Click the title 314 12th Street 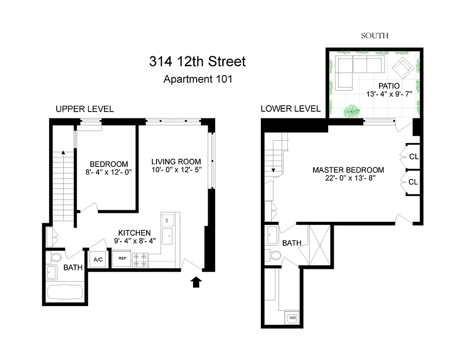[197, 61]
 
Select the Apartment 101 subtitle [197, 80]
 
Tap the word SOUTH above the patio [374, 36]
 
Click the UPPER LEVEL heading [85, 109]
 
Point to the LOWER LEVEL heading [291, 108]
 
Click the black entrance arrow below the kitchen [196, 282]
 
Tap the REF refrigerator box [122, 259]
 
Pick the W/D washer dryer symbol [292, 317]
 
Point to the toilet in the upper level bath [56, 258]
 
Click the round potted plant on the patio [351, 111]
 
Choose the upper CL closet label [413, 157]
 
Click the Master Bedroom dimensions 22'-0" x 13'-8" [348, 178]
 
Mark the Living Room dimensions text [176, 170]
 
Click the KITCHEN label [134, 233]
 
